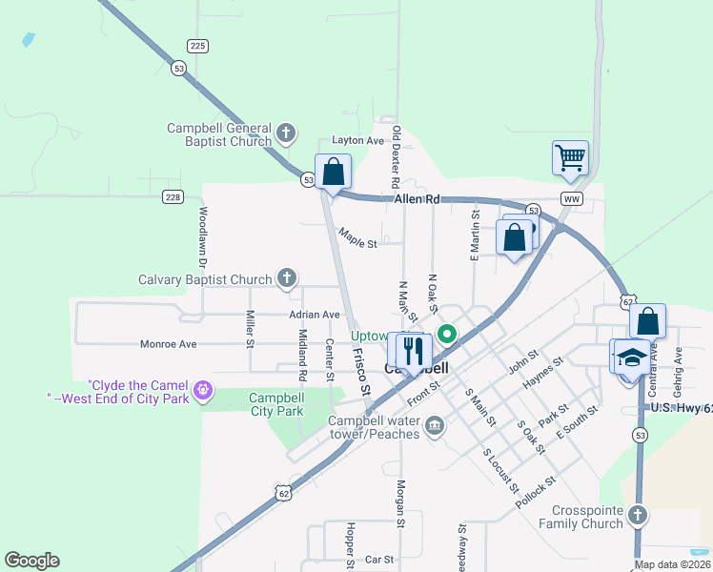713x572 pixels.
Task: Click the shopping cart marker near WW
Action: tap(570, 157)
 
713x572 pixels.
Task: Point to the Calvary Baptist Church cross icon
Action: tap(286, 279)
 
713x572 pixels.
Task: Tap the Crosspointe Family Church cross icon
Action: tap(637, 516)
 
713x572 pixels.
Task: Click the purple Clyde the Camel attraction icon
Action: tap(202, 390)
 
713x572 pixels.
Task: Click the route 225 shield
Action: tap(197, 46)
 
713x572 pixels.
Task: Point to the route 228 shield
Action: tap(172, 197)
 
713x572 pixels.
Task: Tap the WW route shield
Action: tap(572, 198)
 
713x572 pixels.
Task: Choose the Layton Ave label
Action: tap(356, 140)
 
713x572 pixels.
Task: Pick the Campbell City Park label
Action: tap(275, 404)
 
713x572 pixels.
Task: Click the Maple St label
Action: tap(357, 243)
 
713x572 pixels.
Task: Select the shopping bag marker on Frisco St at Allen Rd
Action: tap(334, 174)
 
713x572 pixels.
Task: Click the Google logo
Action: tap(31, 561)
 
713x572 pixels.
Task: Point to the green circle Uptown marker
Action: tap(446, 334)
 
